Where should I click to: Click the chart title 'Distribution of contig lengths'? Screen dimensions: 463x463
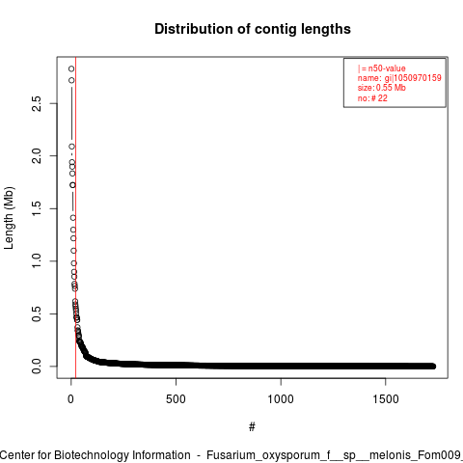[x=253, y=29]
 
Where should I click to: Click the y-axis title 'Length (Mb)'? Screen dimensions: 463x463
[x=9, y=218]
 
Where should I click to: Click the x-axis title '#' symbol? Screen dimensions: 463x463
[x=252, y=427]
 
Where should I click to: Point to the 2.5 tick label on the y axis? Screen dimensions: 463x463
[x=37, y=103]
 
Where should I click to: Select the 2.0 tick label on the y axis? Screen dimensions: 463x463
[x=37, y=156]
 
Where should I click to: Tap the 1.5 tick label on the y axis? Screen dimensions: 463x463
[x=37, y=208]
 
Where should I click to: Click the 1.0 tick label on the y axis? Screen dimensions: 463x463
[x=37, y=261]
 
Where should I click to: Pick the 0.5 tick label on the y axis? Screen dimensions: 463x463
[x=37, y=313]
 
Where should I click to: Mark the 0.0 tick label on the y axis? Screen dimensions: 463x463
[x=37, y=367]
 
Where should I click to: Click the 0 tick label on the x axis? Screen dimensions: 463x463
[x=70, y=399]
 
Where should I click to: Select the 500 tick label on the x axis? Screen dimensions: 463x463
[x=176, y=399]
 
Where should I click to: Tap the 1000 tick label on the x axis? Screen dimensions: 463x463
[x=281, y=399]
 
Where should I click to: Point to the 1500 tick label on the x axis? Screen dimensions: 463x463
[x=386, y=399]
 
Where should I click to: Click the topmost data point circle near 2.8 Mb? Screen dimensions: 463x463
[x=71, y=68]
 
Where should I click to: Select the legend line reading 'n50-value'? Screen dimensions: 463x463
[x=382, y=68]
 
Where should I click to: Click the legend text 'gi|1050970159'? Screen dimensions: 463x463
[x=413, y=78]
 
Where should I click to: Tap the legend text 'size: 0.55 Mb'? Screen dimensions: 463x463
[x=382, y=88]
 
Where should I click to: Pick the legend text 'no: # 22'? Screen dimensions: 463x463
[x=372, y=98]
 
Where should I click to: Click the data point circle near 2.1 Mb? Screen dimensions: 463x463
[x=71, y=147]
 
